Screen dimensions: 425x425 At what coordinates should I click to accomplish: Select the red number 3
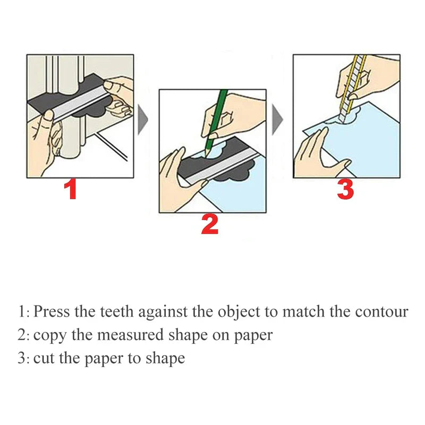(x=345, y=190)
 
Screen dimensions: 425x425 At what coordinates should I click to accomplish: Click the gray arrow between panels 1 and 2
(x=142, y=120)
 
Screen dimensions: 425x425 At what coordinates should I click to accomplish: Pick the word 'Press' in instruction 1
(x=52, y=311)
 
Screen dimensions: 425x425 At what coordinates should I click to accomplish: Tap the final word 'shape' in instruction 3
(x=166, y=359)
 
